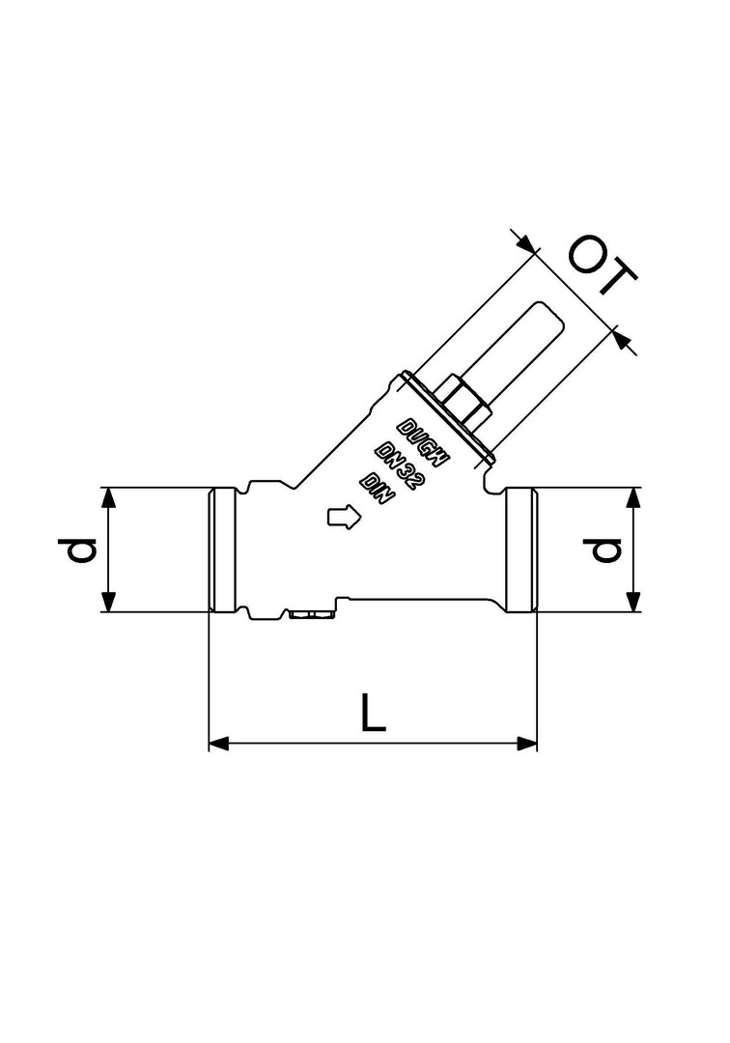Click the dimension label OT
click(x=603, y=264)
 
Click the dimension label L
click(x=373, y=713)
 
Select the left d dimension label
click(x=82, y=550)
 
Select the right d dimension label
click(x=604, y=550)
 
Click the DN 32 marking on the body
click(x=399, y=465)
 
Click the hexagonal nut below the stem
click(x=463, y=404)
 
